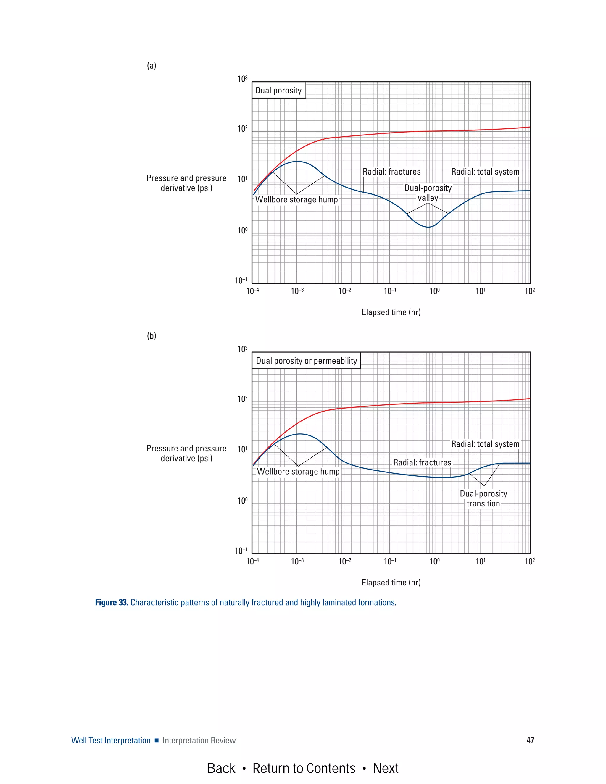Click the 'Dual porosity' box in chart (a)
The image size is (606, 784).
point(278,91)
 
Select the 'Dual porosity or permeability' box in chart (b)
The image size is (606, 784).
point(306,361)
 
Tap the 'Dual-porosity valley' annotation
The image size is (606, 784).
point(428,193)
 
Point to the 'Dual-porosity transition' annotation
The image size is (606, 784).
point(483,499)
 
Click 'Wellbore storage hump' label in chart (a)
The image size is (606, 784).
point(296,200)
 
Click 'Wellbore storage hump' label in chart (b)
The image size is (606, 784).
point(298,472)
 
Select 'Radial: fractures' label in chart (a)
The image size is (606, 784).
point(391,172)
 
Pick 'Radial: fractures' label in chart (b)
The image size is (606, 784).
point(422,463)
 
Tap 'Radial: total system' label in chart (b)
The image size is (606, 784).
point(485,444)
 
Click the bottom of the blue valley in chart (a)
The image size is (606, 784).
point(428,227)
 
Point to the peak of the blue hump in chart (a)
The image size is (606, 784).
point(297,162)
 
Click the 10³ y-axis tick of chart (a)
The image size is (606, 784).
point(243,79)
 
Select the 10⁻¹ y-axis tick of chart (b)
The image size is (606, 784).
point(241,551)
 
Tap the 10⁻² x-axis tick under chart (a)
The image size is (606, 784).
point(345,291)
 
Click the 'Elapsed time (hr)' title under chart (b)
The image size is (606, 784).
point(391,583)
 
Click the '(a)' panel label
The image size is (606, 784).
point(151,66)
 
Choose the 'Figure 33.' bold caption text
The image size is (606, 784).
point(111,602)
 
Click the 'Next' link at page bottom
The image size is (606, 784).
point(385,768)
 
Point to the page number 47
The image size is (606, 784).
point(530,740)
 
